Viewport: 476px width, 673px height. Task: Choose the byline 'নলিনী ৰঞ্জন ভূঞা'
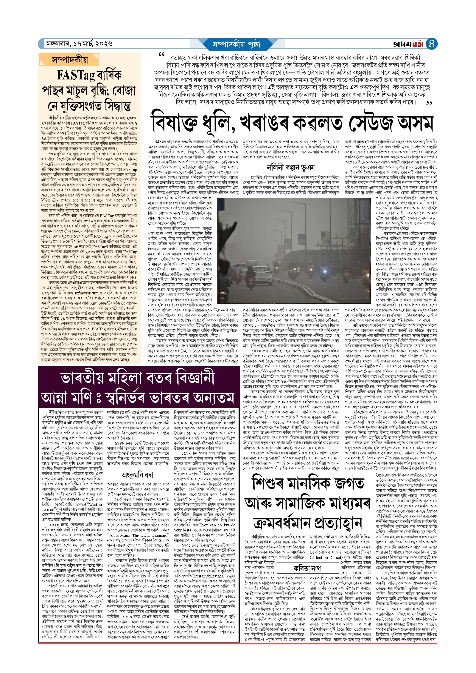[291, 167]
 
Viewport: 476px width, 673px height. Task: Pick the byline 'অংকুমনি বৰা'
[137, 475]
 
